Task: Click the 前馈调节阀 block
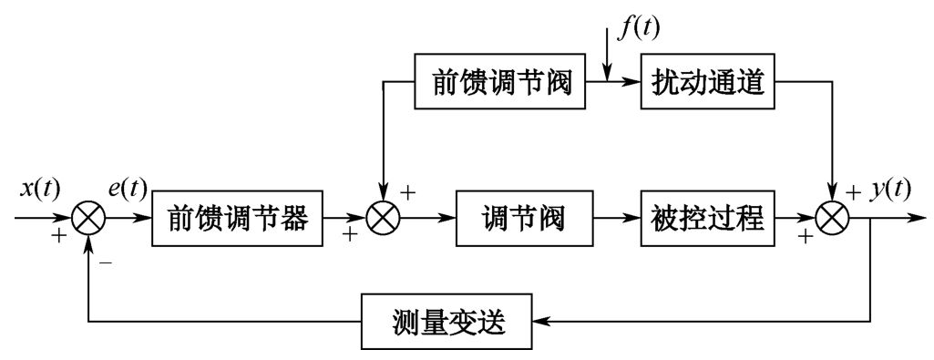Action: pyautogui.click(x=498, y=83)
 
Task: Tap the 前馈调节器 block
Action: pyautogui.click(x=238, y=220)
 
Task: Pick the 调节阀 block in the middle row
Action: pyautogui.click(x=523, y=220)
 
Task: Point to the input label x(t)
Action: pyautogui.click(x=40, y=190)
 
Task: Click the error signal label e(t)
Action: pyautogui.click(x=127, y=190)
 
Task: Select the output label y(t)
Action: pyautogui.click(x=889, y=190)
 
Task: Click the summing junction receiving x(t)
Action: pyautogui.click(x=89, y=220)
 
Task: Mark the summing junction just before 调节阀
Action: pyautogui.click(x=385, y=220)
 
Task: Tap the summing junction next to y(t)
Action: pyautogui.click(x=833, y=220)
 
